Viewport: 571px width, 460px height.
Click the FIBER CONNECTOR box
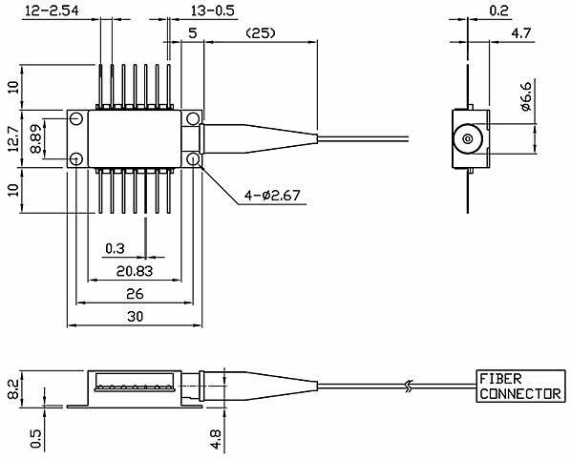pos(520,387)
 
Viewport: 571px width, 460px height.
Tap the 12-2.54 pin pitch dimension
pos(51,10)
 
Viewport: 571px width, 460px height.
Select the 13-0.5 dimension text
pos(213,10)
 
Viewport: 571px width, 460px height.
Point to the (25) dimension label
pos(261,33)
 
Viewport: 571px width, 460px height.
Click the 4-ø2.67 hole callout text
pos(272,196)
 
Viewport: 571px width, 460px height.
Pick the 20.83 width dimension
pos(135,271)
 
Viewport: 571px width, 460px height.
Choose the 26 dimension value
pos(135,294)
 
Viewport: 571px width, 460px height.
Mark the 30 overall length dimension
pos(135,316)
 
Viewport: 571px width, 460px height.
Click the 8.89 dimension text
pos(36,138)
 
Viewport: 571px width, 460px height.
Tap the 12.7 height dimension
pos(13,138)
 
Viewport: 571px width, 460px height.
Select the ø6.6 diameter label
pos(526,96)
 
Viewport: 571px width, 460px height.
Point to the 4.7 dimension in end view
pos(521,33)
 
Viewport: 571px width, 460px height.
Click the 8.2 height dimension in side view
pos(13,389)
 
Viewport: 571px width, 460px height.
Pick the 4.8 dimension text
pos(216,439)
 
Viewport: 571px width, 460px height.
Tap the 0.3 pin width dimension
pos(115,248)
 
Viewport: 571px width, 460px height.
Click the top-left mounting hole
pos(76,118)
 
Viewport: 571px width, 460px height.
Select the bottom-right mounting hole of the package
pos(193,159)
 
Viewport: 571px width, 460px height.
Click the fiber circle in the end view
pos(468,139)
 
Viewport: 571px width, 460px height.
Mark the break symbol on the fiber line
pos(409,387)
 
